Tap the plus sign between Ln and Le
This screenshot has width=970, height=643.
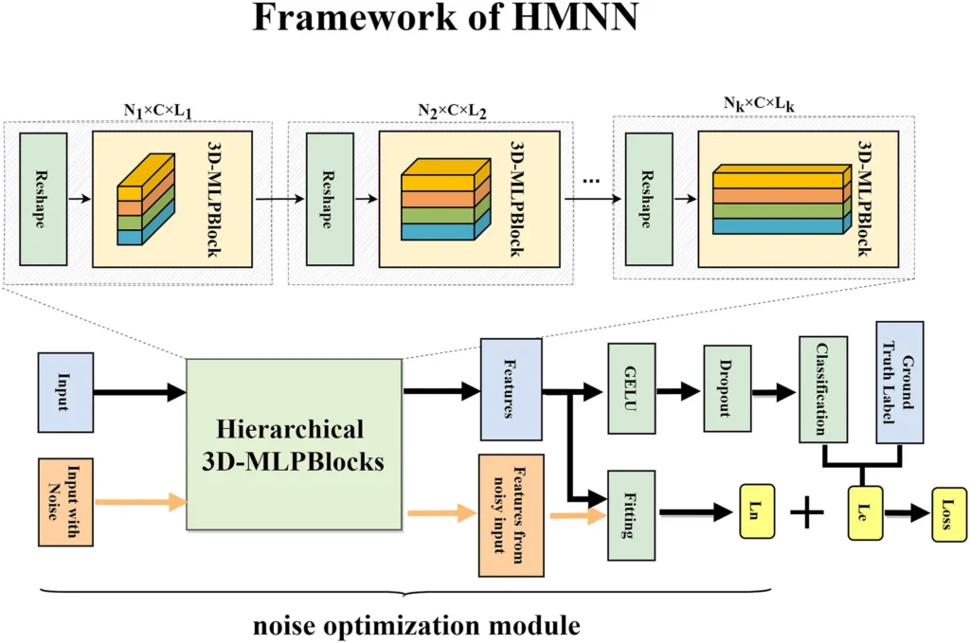pyautogui.click(x=808, y=514)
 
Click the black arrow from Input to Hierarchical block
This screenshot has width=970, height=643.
pyautogui.click(x=138, y=388)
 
